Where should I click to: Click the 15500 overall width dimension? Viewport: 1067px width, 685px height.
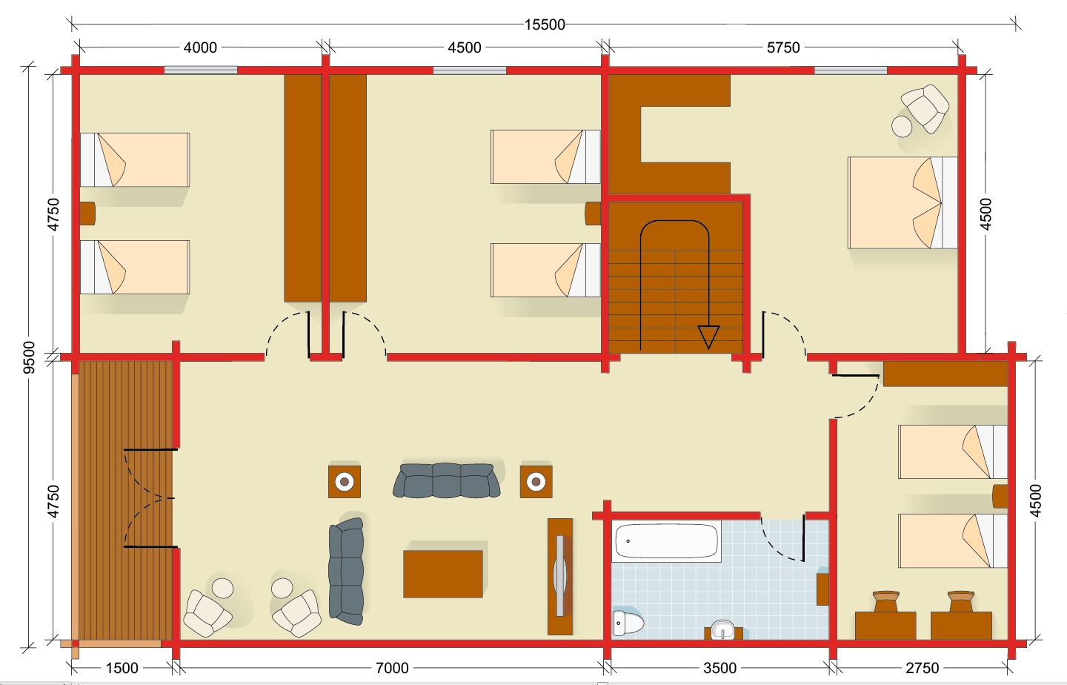(x=545, y=24)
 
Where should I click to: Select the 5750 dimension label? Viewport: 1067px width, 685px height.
(x=783, y=47)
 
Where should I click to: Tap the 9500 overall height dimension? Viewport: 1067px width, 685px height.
(x=29, y=357)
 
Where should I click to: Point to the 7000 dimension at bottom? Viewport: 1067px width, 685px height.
(x=392, y=668)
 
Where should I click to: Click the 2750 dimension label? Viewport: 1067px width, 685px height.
(x=923, y=668)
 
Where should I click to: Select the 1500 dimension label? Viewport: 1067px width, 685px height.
(x=122, y=668)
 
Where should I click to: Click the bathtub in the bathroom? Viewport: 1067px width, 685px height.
(x=666, y=541)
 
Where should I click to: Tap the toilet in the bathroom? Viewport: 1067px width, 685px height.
(x=628, y=622)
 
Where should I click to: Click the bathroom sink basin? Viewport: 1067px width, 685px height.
(x=723, y=629)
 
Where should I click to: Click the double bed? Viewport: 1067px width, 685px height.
(x=903, y=203)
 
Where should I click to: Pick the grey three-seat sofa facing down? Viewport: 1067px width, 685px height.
(x=446, y=480)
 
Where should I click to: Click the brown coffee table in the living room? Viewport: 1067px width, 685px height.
(x=443, y=574)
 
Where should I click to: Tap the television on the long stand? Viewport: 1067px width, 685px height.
(x=560, y=576)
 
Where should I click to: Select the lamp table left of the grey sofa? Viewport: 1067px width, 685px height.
(x=345, y=481)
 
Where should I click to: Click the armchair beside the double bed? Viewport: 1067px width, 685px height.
(x=925, y=109)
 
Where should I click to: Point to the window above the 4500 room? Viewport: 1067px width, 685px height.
(x=470, y=70)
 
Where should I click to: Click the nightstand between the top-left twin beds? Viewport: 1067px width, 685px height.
(x=87, y=214)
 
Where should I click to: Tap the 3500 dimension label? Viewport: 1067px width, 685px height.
(x=719, y=668)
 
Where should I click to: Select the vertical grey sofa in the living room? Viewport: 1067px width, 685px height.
(x=347, y=572)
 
